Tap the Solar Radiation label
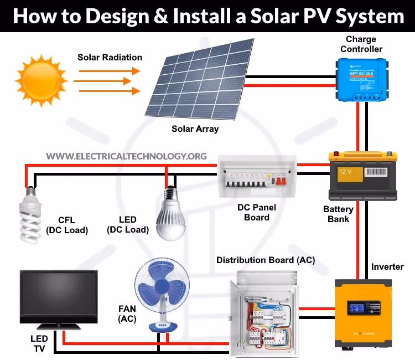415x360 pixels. coord(110,58)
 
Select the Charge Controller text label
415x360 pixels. coord(361,44)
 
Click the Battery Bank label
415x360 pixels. coord(338,214)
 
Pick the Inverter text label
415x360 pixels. coord(387,267)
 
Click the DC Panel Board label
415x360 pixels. coord(256,212)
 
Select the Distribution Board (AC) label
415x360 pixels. coord(266,260)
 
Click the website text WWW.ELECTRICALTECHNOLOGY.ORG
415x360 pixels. coord(127,156)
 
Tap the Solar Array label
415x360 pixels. coord(195,129)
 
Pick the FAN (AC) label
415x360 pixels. coord(127,313)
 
